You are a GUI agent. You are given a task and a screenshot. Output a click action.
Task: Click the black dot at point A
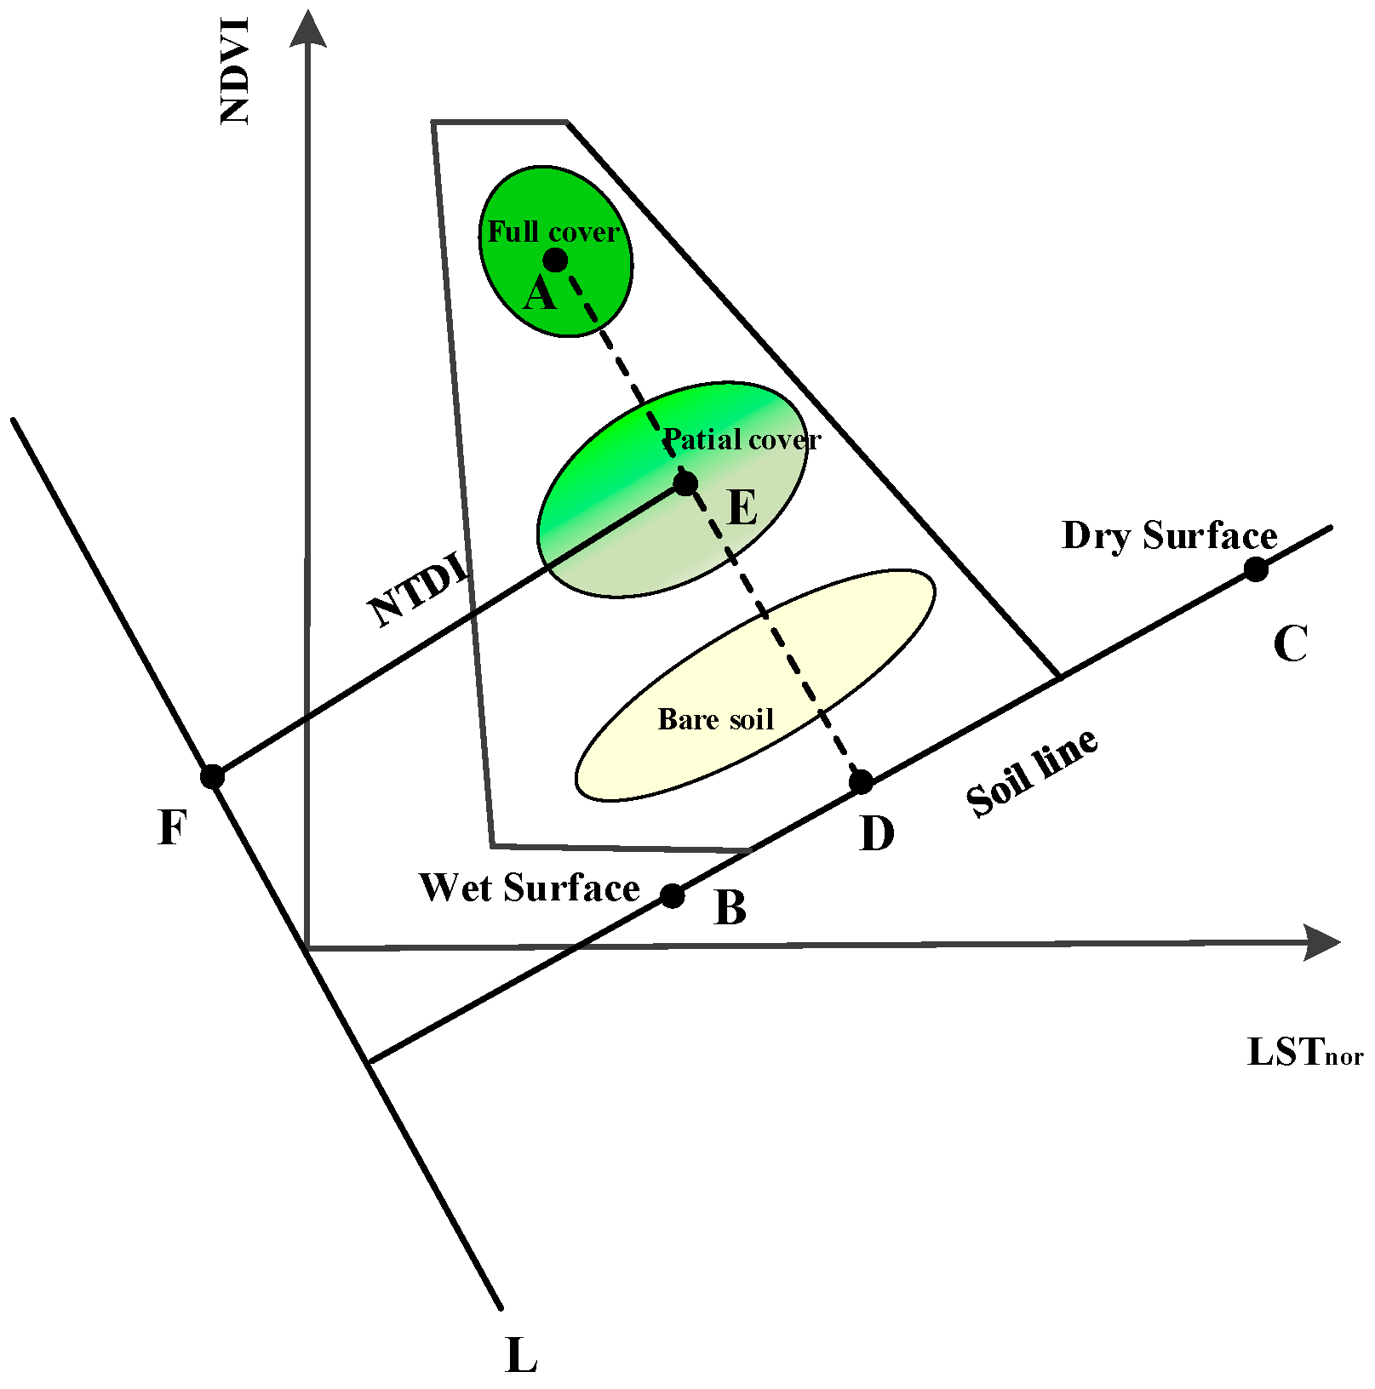point(555,260)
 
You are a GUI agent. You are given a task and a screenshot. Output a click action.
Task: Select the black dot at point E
point(685,484)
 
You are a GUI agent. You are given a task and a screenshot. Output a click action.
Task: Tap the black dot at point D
point(862,781)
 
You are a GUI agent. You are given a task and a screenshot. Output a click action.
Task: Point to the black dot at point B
point(673,895)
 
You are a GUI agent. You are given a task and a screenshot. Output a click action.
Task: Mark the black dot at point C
point(1256,569)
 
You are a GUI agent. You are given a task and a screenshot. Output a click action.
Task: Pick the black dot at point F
point(212,776)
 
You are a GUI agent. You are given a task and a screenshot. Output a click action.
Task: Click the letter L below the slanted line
point(521,1356)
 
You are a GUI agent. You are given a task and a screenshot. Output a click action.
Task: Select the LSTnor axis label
point(1304,1053)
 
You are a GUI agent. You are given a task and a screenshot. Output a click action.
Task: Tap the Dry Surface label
point(1170,536)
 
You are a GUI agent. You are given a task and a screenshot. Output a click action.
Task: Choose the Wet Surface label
point(529,888)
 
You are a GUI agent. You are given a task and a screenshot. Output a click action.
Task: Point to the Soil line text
point(1032,773)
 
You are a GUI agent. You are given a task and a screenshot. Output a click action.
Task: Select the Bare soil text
point(715,720)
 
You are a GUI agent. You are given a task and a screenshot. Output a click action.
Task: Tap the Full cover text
point(553,232)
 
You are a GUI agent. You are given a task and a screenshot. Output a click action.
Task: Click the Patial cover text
point(742,440)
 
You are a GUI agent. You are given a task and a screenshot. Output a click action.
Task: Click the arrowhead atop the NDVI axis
point(307,30)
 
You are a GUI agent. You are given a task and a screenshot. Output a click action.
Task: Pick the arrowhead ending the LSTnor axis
point(1321,942)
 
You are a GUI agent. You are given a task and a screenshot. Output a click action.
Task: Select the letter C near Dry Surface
point(1290,643)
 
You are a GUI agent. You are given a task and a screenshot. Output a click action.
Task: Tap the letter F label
point(172,827)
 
